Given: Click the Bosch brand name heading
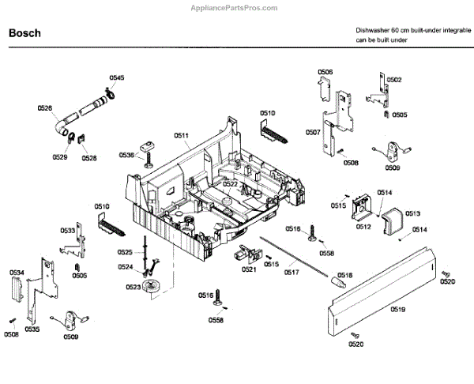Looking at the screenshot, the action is click(x=24, y=33).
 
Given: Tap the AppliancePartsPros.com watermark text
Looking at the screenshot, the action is click(x=234, y=8).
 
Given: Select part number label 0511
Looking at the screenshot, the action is click(x=181, y=135).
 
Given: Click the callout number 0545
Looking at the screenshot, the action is click(x=117, y=77).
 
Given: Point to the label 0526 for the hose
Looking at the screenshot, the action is click(x=45, y=108).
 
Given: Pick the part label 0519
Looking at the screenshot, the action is click(x=398, y=309).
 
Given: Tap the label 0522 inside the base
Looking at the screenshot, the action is click(x=230, y=184).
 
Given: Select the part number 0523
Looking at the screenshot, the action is click(x=134, y=287).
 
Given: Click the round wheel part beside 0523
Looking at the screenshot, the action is click(x=152, y=286).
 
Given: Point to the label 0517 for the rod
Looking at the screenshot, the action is click(x=292, y=272).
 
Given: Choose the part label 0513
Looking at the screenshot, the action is click(x=413, y=213).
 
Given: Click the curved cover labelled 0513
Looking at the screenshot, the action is click(x=393, y=220).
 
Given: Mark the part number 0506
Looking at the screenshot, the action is click(x=325, y=72).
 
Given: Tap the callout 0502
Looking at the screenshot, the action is click(x=394, y=80).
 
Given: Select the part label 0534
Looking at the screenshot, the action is click(x=17, y=273).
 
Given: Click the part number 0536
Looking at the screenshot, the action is click(x=126, y=155).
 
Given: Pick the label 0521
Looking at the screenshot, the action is click(x=249, y=269).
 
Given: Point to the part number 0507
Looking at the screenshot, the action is click(x=313, y=132).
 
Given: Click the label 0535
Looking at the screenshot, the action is click(x=32, y=329).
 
